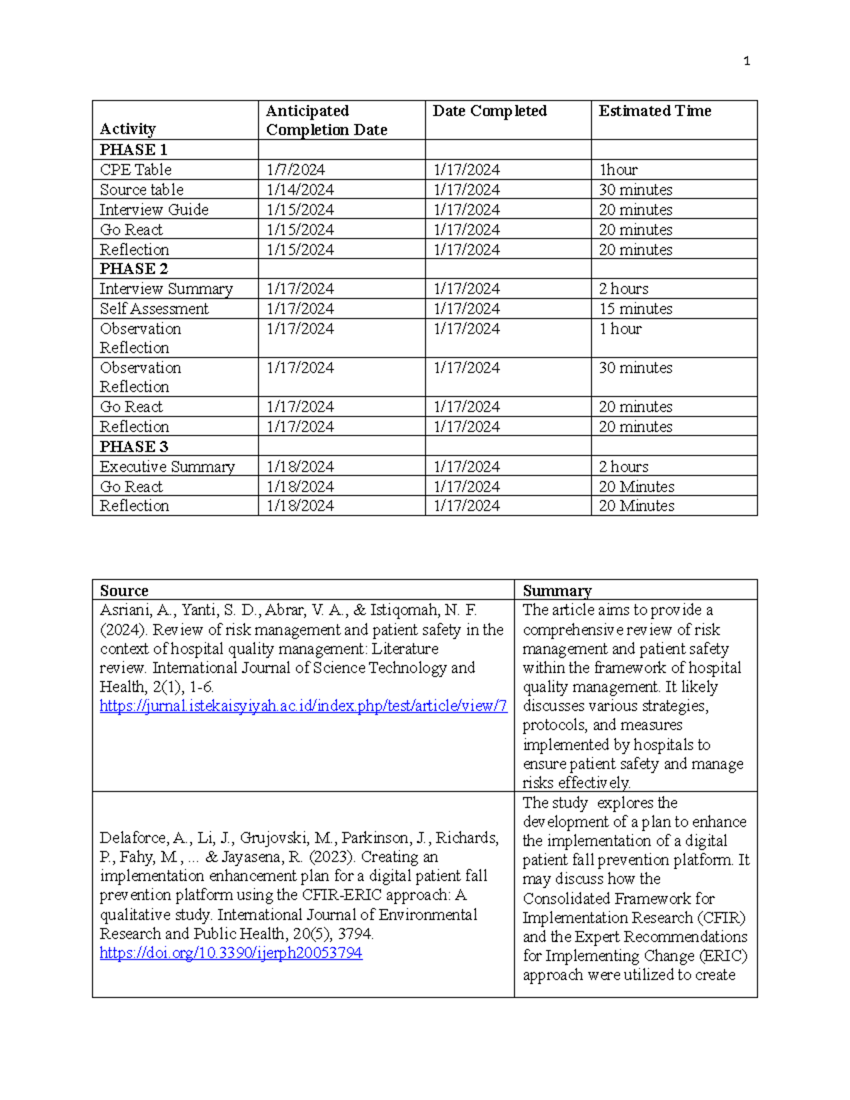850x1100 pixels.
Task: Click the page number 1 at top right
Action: pos(747,62)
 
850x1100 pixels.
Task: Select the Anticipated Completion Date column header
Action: pos(326,120)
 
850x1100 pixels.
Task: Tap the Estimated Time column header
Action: pos(654,111)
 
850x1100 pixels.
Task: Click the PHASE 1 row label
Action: pos(133,150)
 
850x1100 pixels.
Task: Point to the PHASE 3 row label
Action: pos(134,447)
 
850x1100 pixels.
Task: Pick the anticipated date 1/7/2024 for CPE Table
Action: pos(295,170)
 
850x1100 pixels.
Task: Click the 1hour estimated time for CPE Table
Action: pos(618,170)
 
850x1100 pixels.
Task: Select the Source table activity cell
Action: pos(142,190)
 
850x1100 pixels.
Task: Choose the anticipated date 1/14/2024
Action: pos(300,190)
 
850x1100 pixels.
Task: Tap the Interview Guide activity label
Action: pos(154,210)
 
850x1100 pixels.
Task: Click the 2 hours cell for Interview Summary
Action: pos(623,289)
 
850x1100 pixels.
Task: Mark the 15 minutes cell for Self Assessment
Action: pos(635,309)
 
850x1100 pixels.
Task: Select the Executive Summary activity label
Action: pos(167,467)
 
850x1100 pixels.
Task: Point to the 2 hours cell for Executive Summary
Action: pos(623,467)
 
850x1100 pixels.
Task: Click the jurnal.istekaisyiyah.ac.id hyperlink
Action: pos(303,706)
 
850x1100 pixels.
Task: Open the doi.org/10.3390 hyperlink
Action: pos(231,953)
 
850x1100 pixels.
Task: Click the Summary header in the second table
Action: pos(557,591)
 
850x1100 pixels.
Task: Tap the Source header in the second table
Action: pos(124,591)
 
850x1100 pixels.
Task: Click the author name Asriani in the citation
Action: pos(124,611)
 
